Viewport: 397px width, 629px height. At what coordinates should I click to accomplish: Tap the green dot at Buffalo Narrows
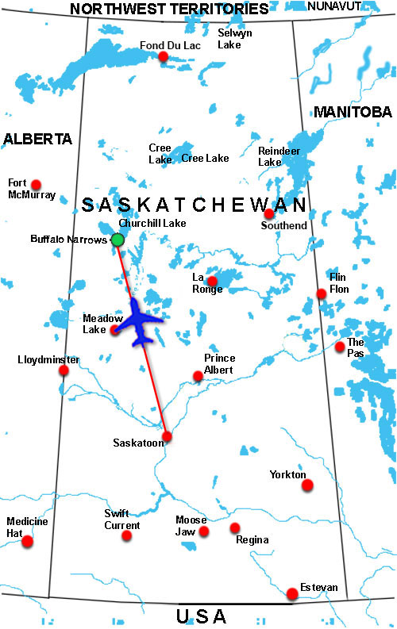tap(118, 240)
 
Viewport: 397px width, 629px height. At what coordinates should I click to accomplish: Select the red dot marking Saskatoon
tap(167, 436)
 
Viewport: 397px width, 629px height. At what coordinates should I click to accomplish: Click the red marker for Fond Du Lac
tap(163, 57)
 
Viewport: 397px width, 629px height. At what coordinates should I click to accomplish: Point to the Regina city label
tap(252, 540)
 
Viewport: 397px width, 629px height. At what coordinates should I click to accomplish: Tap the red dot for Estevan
tap(292, 593)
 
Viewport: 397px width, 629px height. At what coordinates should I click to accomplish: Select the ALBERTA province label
tap(37, 139)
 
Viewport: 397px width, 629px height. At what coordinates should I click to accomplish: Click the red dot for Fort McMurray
tap(35, 184)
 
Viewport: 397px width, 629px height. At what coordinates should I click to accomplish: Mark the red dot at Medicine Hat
tap(28, 542)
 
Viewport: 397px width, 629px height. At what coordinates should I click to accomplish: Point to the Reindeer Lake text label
tap(270, 155)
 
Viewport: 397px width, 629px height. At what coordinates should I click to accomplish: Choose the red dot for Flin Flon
tap(322, 294)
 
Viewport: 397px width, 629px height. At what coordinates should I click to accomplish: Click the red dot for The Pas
tap(340, 347)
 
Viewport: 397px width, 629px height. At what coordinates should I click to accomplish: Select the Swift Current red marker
tap(126, 536)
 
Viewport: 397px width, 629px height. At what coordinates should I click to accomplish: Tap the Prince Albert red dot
tap(198, 376)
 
